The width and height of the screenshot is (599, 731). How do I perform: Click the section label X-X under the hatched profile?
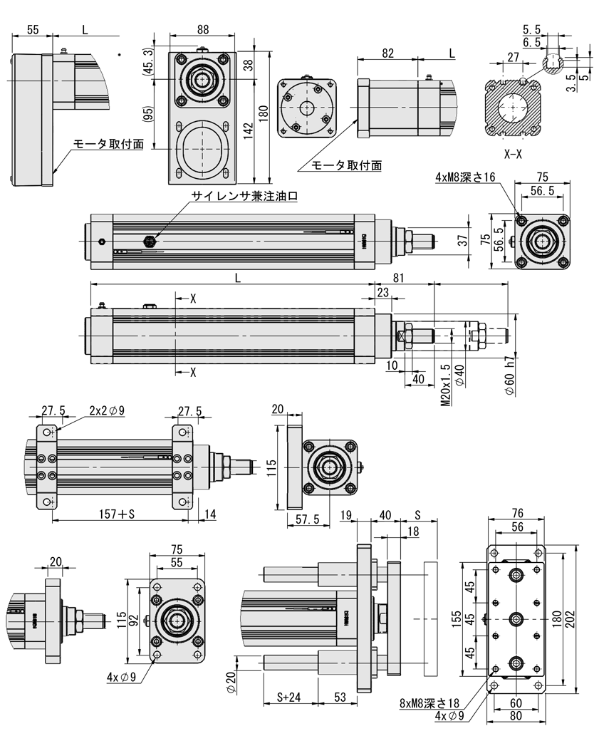click(x=513, y=154)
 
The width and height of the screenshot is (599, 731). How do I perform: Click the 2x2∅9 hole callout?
click(x=108, y=410)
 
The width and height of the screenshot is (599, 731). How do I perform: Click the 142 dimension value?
click(x=248, y=131)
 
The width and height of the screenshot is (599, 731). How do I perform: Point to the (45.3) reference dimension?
click(x=148, y=63)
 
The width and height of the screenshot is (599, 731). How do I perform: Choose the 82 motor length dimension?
click(x=387, y=53)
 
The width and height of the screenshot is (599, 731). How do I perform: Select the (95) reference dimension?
click(x=148, y=115)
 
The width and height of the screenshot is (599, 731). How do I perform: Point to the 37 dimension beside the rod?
click(x=464, y=242)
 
